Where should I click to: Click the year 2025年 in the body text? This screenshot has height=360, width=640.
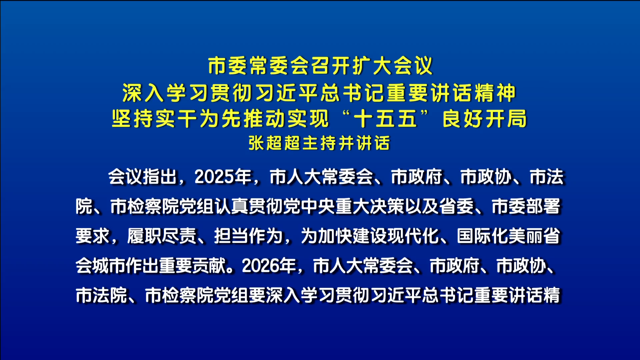pos(223,177)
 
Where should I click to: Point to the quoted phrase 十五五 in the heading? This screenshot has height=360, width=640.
pos(385,119)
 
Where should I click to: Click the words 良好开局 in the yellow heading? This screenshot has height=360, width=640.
pos(485,119)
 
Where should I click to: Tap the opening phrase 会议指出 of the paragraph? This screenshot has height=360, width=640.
pos(142,177)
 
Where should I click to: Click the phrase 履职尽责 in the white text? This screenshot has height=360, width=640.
pos(162,236)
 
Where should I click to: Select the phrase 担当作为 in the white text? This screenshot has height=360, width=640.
pos(248,236)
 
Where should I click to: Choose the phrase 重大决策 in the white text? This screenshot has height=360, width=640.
pos(370,206)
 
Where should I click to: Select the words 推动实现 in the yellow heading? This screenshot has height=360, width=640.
pos(286,119)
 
